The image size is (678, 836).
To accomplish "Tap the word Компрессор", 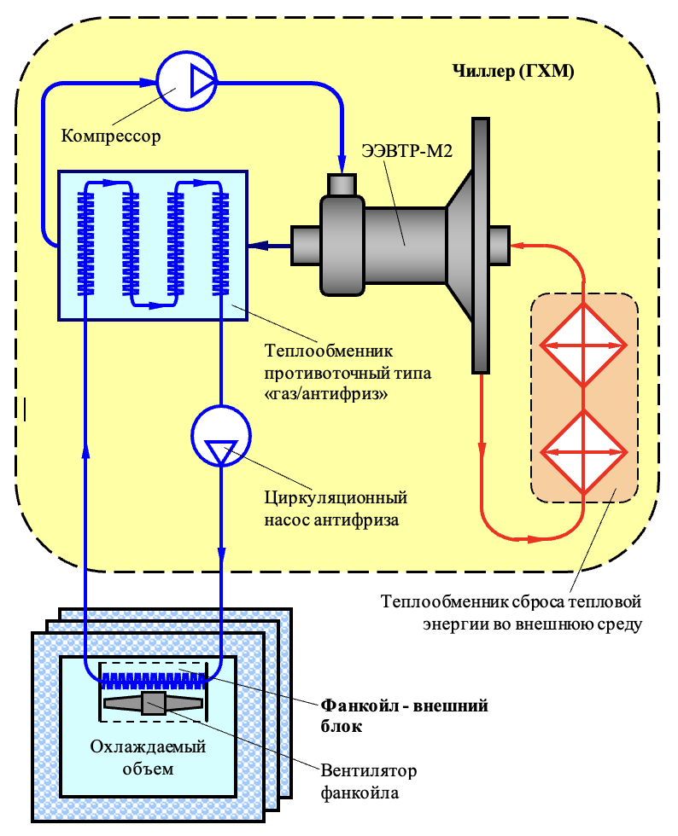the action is click(x=111, y=136).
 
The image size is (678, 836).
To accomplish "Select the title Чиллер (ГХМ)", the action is click(x=513, y=71).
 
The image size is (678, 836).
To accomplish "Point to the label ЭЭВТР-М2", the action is click(x=406, y=151).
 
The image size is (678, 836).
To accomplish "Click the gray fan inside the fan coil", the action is click(x=154, y=704).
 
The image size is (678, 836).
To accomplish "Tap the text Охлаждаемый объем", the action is click(x=148, y=758).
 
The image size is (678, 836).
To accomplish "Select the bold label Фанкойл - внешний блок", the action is click(x=404, y=716).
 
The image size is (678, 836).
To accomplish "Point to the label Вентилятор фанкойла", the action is click(x=368, y=781).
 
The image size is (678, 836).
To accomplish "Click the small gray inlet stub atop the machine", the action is click(x=342, y=185).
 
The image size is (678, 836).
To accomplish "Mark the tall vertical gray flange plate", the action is click(x=481, y=246).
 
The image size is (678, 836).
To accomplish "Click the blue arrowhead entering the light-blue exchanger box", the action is click(x=259, y=246).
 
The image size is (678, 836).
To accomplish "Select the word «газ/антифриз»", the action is click(x=326, y=394).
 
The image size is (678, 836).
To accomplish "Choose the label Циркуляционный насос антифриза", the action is click(x=336, y=508).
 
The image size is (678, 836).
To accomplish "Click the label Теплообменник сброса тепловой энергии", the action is click(x=511, y=612).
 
